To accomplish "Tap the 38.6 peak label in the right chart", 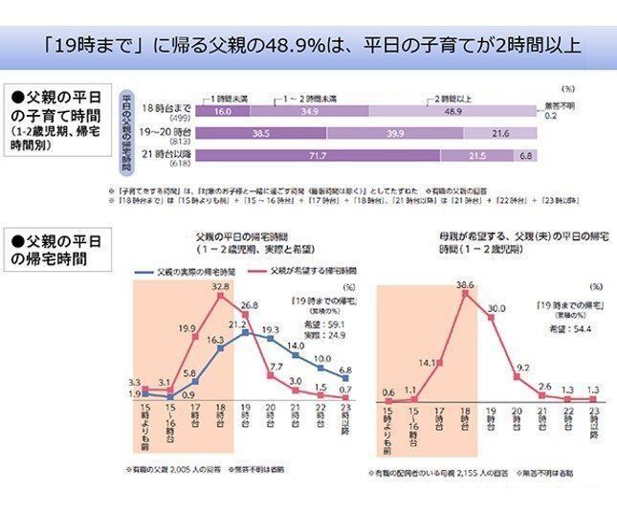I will coord(465,285).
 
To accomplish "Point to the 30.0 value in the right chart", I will coord(496,309).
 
